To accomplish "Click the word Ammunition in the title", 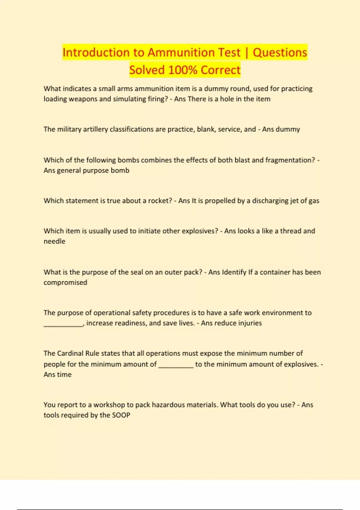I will (x=194, y=52).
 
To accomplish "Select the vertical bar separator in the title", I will (x=247, y=53).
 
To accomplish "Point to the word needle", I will (x=54, y=241).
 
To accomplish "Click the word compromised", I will (x=65, y=283).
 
